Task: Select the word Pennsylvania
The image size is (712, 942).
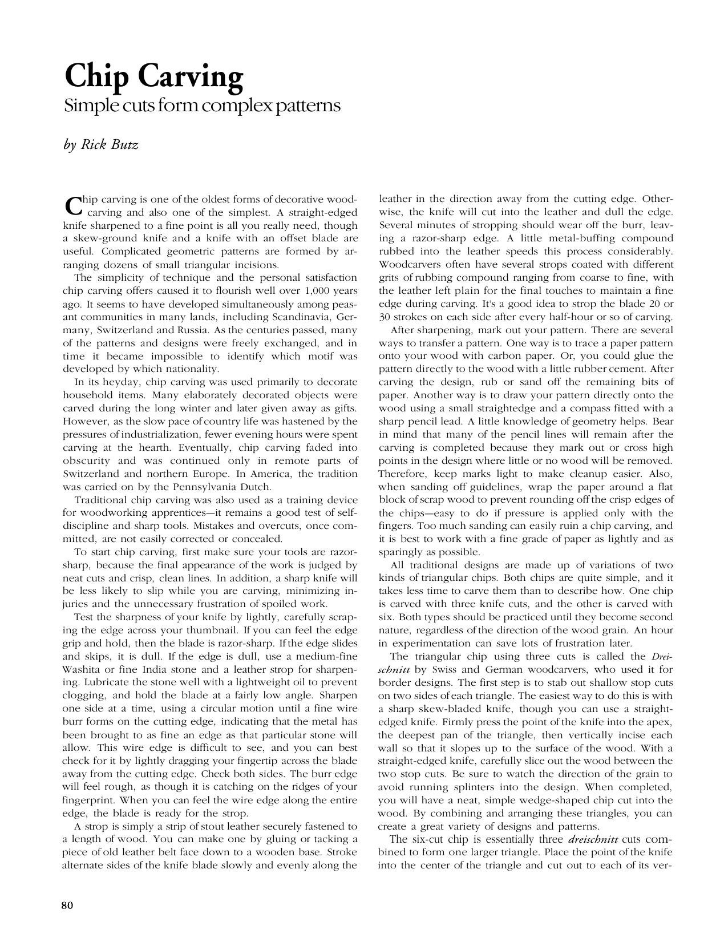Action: click(x=214, y=487)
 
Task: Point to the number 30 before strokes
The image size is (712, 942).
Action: click(x=385, y=317)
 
